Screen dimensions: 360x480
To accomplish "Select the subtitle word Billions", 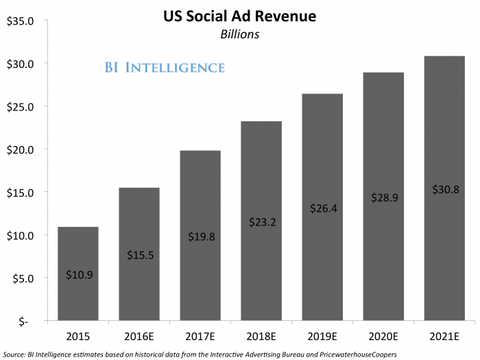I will (x=239, y=34).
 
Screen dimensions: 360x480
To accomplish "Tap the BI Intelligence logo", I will (x=165, y=67).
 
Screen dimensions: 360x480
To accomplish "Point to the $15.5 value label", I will (x=139, y=255).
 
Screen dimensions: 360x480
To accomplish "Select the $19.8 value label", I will (x=200, y=237).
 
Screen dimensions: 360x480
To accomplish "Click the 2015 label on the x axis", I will (x=78, y=336).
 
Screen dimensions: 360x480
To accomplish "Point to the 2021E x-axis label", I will (x=444, y=336).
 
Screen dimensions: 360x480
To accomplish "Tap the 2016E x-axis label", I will (x=139, y=336).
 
